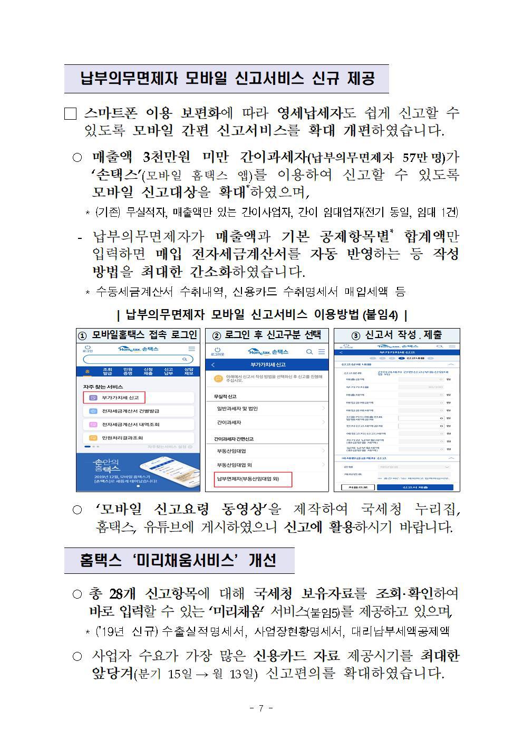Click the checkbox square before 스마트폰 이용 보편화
pyautogui.click(x=70, y=113)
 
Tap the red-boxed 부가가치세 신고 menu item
pyautogui.click(x=114, y=397)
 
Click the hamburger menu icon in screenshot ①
pyautogui.click(x=191, y=349)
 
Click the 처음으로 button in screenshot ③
pyautogui.click(x=361, y=487)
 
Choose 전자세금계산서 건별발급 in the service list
pyautogui.click(x=130, y=411)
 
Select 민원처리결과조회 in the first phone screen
pyautogui.click(x=122, y=438)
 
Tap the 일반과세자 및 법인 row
pyautogui.click(x=237, y=409)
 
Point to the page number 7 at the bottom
pyautogui.click(x=261, y=708)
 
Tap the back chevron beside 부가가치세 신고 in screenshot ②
pyautogui.click(x=213, y=365)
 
